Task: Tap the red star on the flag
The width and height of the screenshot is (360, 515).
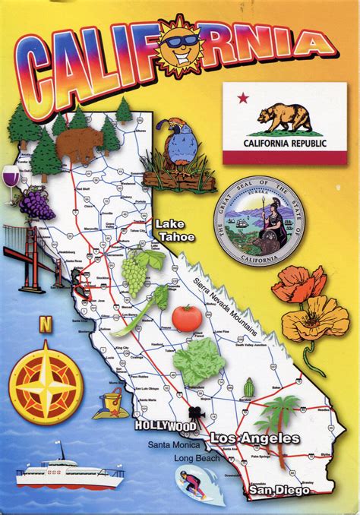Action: click(244, 97)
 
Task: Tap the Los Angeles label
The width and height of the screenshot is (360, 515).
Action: click(254, 438)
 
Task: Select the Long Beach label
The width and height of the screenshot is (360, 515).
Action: click(197, 458)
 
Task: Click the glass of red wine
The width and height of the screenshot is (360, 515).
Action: click(10, 184)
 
